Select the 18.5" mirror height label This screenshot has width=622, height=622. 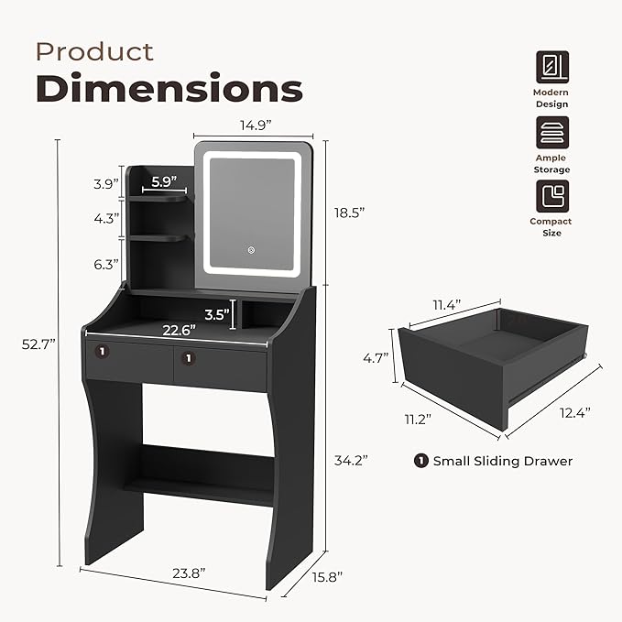point(349,212)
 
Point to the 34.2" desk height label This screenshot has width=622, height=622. point(349,461)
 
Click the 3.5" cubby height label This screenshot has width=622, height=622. point(217,313)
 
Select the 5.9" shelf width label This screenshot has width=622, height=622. point(164,181)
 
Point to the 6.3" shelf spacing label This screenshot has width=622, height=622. point(106,265)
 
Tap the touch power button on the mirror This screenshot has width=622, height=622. point(247,247)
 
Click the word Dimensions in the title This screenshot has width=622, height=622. point(169,89)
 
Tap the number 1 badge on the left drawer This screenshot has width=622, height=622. point(104,351)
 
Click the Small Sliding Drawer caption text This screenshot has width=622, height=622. point(502,461)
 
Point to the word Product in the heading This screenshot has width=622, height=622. point(94,51)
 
